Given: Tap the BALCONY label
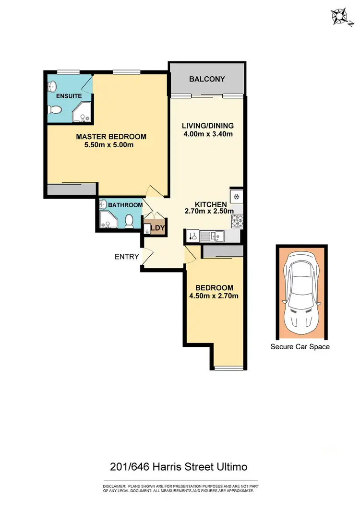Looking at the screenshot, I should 207,79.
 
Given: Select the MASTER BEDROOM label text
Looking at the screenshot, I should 111,137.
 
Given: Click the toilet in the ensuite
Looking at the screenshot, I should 55,111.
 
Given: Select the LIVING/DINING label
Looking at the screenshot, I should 207,126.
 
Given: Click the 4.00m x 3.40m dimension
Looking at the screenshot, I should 208,134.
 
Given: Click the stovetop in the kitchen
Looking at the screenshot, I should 237,221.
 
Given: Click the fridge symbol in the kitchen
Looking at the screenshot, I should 236,196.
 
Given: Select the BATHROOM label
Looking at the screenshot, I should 125,205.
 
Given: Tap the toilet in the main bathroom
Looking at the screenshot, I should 129,221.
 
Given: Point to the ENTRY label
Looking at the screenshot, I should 127,257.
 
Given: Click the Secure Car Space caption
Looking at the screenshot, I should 300,346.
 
